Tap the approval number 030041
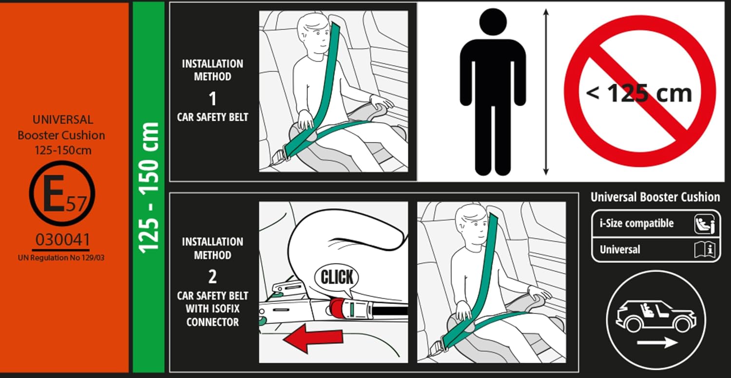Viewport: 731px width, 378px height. click(x=63, y=240)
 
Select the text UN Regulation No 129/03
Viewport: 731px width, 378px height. click(x=61, y=258)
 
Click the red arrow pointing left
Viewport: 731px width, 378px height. click(x=313, y=338)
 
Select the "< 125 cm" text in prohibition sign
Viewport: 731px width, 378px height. click(x=639, y=94)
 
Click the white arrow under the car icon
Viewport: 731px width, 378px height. click(x=657, y=342)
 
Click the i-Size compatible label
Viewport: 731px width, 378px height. click(x=636, y=224)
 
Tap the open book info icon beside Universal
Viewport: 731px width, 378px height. click(x=705, y=250)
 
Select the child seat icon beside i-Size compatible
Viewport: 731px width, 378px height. click(x=705, y=224)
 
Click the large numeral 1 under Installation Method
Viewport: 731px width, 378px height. click(x=213, y=99)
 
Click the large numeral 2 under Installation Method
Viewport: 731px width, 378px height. click(x=212, y=277)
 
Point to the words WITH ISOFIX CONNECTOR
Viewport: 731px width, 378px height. click(x=212, y=315)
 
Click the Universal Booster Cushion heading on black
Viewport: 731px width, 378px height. click(x=655, y=197)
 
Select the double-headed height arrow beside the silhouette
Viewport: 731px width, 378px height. click(x=546, y=92)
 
